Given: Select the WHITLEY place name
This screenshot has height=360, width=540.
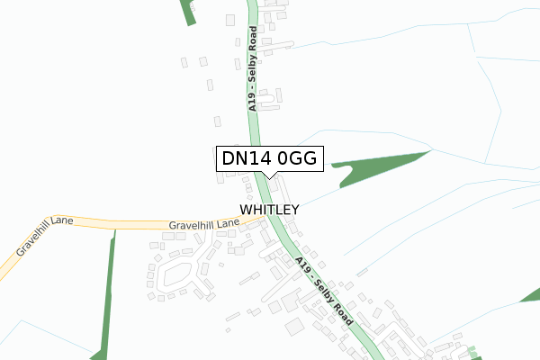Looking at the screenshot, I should pos(269,209).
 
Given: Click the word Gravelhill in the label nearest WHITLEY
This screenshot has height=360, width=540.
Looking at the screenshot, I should pos(189,226).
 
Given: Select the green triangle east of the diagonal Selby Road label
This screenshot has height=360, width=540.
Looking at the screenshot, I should pos(532,293).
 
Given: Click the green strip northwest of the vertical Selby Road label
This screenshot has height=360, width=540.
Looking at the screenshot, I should pos(187,12).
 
